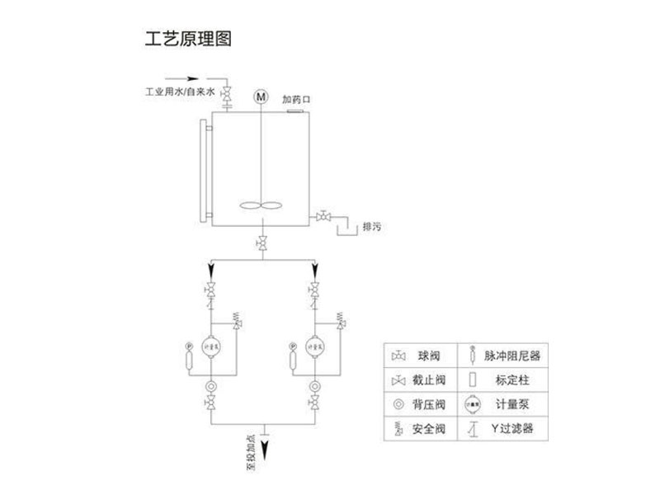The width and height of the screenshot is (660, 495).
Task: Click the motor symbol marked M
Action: click(x=262, y=97)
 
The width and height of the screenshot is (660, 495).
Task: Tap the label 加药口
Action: click(x=296, y=100)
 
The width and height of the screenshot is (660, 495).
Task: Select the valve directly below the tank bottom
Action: click(x=262, y=243)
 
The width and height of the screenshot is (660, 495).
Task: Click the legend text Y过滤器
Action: click(x=514, y=429)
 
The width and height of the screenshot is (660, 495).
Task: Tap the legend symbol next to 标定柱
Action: click(x=473, y=380)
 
